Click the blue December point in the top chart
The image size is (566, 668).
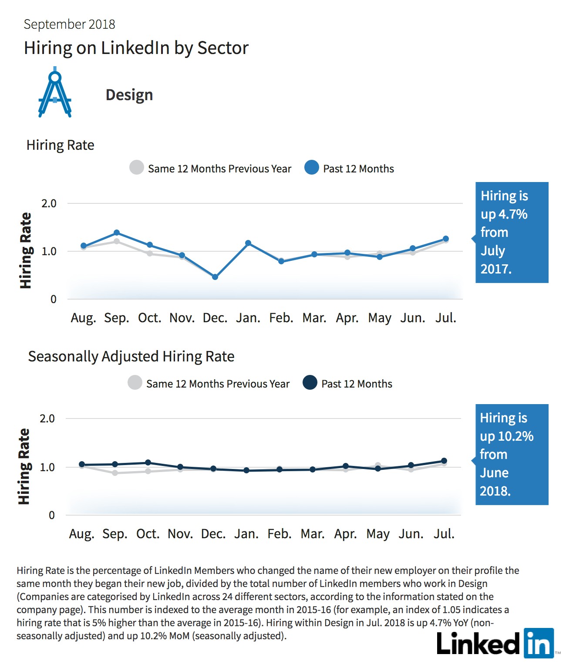215,277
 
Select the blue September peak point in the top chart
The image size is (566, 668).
117,233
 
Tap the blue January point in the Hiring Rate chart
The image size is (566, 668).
248,243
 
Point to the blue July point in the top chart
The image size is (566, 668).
445,239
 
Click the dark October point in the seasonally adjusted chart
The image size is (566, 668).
148,462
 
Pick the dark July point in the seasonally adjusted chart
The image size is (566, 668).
444,461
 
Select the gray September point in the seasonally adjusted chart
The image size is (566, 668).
115,473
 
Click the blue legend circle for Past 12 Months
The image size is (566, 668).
312,167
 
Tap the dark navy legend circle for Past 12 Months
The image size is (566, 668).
310,382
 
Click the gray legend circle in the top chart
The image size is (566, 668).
137,167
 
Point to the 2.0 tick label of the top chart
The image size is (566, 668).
49,204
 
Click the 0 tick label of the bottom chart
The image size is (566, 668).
52,515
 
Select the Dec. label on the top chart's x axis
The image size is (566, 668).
215,318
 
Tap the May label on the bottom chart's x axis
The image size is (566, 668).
378,534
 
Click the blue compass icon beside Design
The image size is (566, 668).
55,92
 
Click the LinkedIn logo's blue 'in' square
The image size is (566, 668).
539,643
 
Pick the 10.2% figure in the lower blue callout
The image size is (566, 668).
516,436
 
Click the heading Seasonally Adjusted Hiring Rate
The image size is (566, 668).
131,357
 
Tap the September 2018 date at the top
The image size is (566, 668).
70,24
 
